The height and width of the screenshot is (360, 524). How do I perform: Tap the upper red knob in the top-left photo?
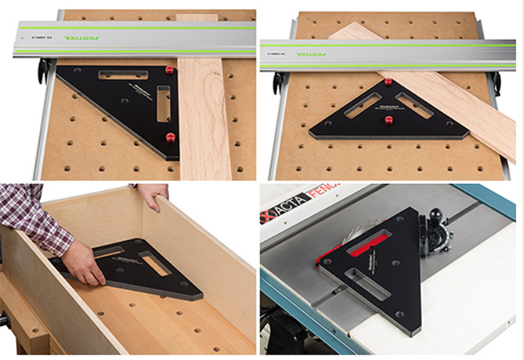coord(170,69)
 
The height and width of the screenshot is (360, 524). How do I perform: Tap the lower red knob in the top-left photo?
coord(172,136)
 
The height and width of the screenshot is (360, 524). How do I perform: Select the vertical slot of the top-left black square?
coord(163,103)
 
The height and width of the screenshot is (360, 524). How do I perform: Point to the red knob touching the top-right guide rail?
coord(389,83)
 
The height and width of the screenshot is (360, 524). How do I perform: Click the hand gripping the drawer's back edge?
coord(154,194)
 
